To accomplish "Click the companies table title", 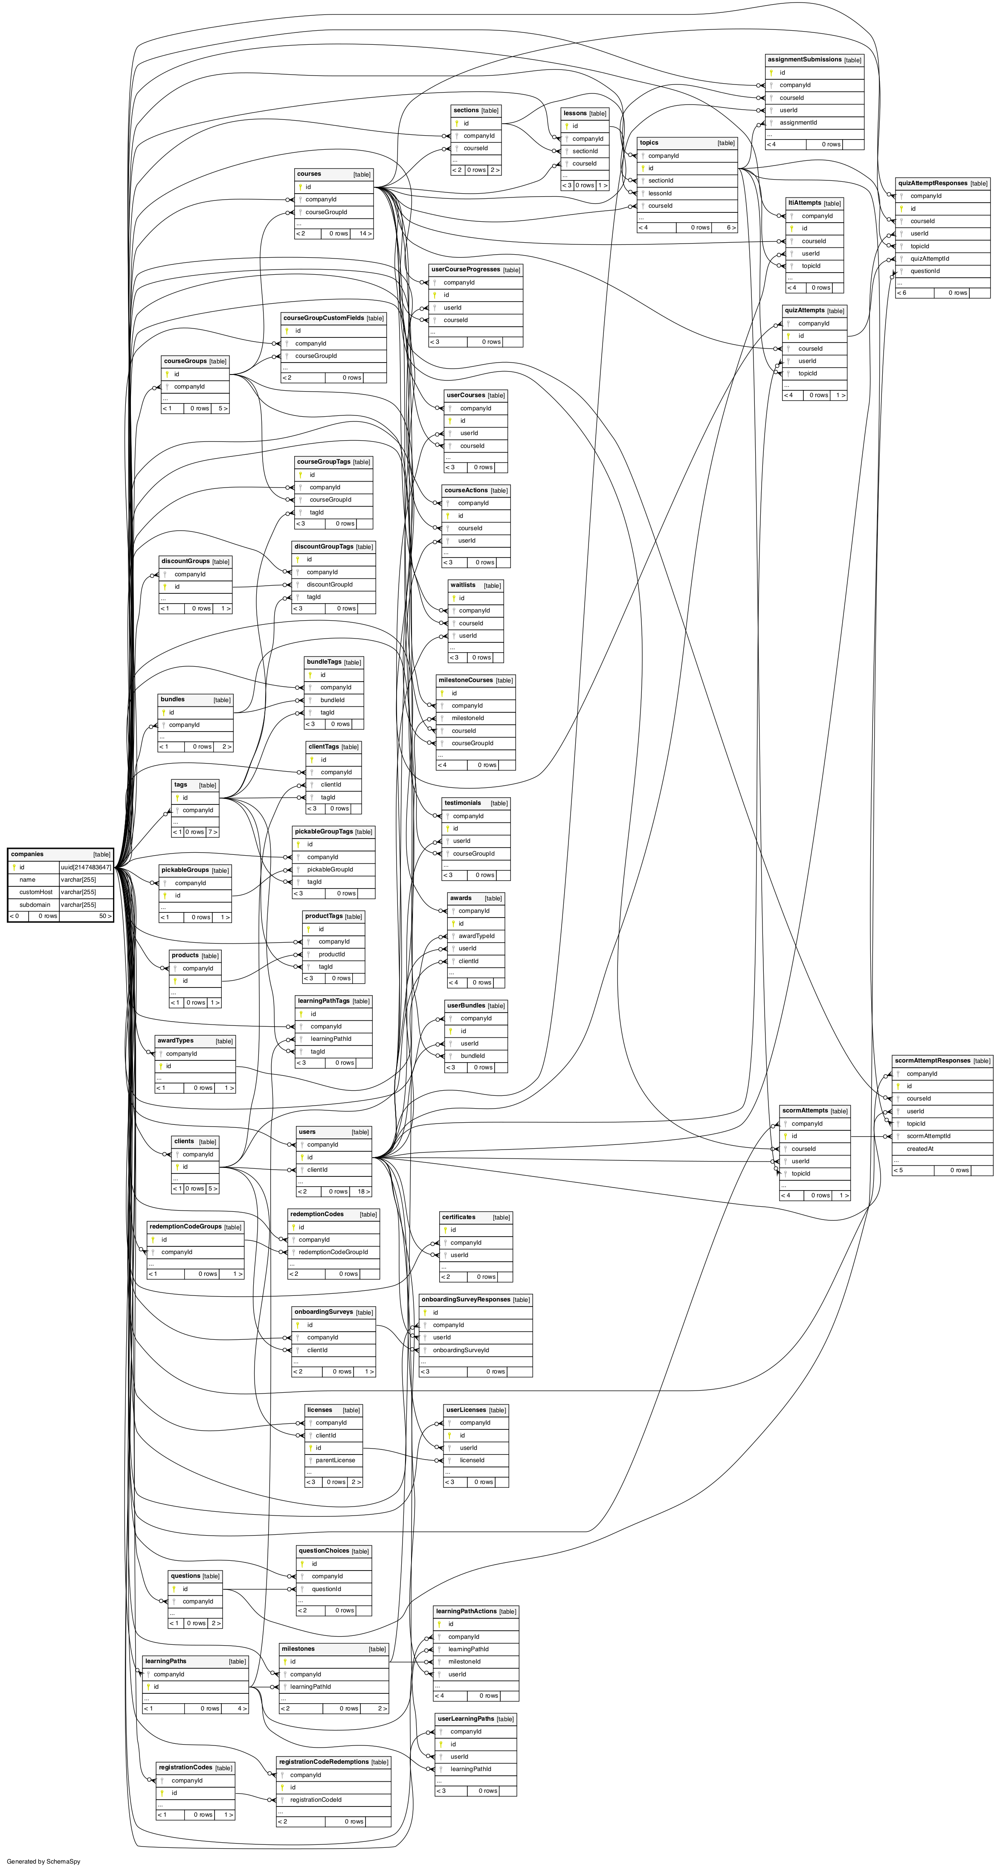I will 28,854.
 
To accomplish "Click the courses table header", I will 309,174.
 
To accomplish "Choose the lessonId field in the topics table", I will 660,193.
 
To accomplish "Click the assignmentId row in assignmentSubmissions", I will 798,123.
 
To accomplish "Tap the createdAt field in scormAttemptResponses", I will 919,1148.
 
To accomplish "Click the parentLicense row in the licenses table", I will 335,1460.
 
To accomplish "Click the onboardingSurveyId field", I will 461,1350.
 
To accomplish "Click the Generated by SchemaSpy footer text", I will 43,1861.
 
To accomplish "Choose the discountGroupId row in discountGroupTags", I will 330,584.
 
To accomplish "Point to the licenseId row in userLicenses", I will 472,1460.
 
